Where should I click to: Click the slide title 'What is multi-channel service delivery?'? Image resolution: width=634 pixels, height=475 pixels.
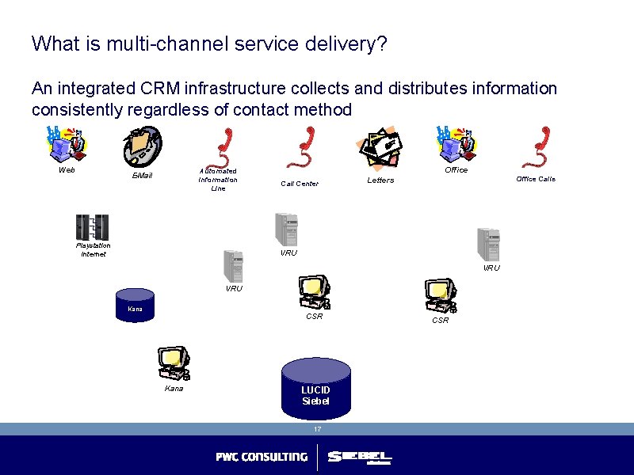click(209, 44)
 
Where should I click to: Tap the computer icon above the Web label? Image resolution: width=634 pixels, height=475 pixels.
click(67, 144)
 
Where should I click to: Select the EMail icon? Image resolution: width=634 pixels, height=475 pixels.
click(142, 146)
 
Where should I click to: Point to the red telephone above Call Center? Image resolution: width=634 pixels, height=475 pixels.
click(300, 148)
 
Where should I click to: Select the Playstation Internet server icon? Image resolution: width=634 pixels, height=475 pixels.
click(92, 227)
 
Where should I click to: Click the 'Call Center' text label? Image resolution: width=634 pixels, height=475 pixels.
click(300, 184)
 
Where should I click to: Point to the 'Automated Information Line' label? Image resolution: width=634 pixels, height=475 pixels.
click(218, 180)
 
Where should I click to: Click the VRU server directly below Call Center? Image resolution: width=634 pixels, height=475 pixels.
click(285, 230)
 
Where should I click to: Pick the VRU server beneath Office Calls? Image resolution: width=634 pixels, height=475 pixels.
click(488, 245)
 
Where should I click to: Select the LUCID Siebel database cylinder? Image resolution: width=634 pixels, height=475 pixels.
click(315, 386)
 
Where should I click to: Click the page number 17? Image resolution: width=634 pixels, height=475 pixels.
click(317, 429)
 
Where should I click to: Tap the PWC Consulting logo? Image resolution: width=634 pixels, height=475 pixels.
click(262, 457)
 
